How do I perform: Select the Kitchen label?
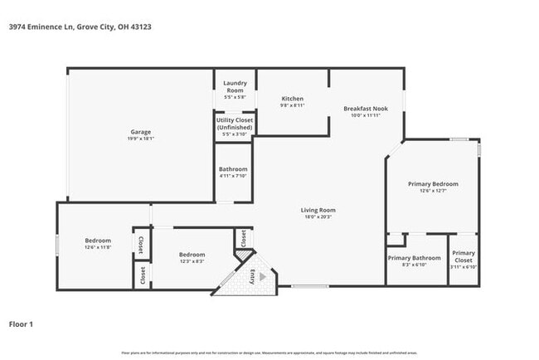pyautogui.click(x=293, y=99)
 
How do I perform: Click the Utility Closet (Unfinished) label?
pyautogui.click(x=235, y=124)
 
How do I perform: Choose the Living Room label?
pyautogui.click(x=318, y=210)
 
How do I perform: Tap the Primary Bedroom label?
pyautogui.click(x=433, y=183)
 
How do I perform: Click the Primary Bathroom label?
pyautogui.click(x=415, y=258)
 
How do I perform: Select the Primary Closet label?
pyautogui.click(x=464, y=256)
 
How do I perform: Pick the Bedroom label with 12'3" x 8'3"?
pyautogui.click(x=192, y=254)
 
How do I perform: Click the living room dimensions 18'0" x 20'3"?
pyautogui.click(x=318, y=217)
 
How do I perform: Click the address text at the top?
pyautogui.click(x=80, y=27)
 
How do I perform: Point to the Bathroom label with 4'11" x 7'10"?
pyautogui.click(x=233, y=169)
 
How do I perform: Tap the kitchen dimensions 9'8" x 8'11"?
pyautogui.click(x=293, y=105)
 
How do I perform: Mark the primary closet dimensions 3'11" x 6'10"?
pyautogui.click(x=464, y=267)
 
